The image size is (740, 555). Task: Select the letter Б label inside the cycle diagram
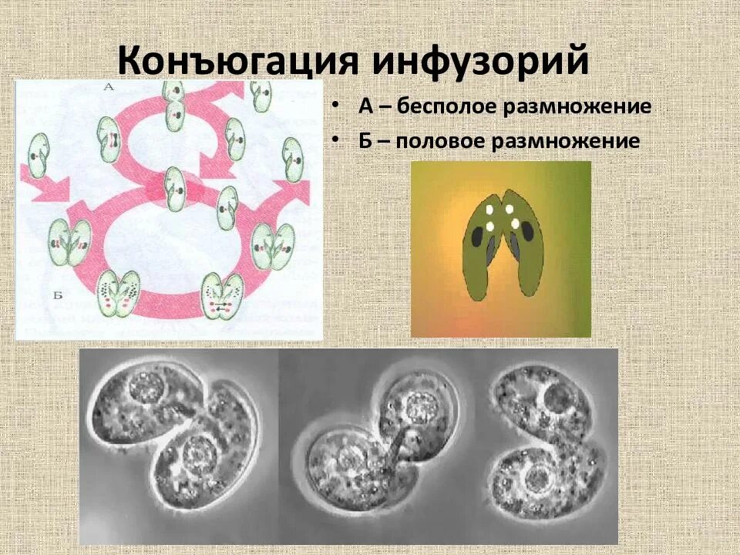(36, 294)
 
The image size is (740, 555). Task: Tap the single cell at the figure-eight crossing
(175, 188)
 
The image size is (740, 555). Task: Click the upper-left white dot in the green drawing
(489, 209)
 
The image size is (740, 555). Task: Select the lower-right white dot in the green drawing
(515, 224)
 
